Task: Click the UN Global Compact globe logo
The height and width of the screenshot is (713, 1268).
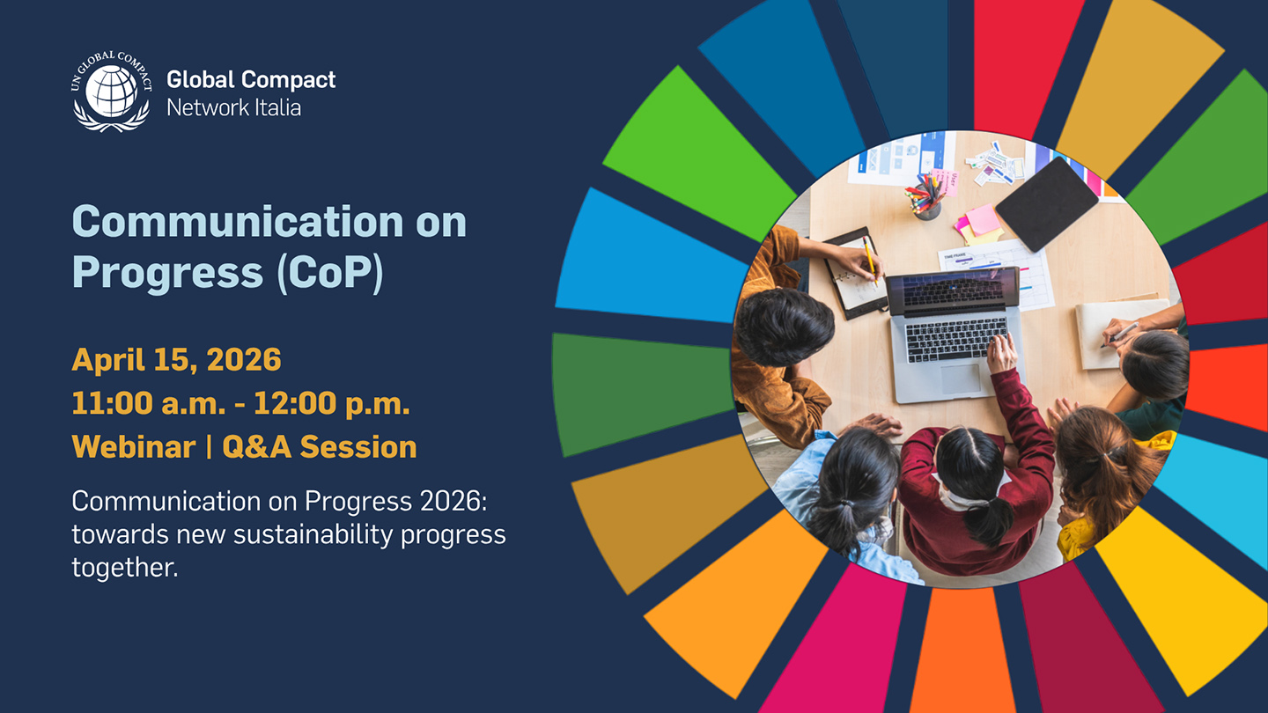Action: click(x=112, y=92)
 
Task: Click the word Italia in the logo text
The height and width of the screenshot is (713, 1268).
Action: click(x=277, y=107)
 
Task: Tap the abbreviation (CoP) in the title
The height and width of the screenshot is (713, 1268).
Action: click(x=330, y=273)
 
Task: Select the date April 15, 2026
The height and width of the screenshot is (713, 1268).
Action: click(x=177, y=360)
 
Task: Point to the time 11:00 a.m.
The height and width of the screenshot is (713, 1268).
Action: click(x=149, y=403)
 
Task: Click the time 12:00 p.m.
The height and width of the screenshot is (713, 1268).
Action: click(x=332, y=404)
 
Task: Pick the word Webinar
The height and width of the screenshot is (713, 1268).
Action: click(x=134, y=447)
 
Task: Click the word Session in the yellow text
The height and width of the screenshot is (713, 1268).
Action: click(x=359, y=447)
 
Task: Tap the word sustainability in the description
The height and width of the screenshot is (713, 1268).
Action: click(x=313, y=535)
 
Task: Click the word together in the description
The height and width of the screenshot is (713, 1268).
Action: click(x=125, y=567)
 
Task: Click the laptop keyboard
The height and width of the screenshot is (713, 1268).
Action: click(x=956, y=339)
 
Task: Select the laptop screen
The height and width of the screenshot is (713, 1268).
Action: click(x=953, y=290)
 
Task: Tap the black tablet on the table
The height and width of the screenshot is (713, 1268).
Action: click(x=1046, y=203)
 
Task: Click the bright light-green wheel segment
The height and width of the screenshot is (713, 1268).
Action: click(x=701, y=153)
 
